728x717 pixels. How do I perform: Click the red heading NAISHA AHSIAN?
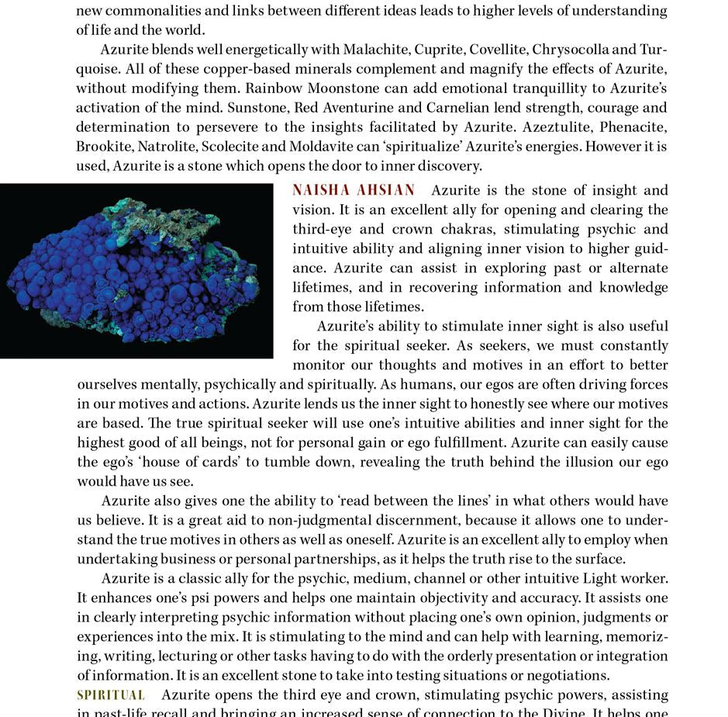pos(354,190)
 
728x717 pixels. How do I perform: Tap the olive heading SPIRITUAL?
pos(111,694)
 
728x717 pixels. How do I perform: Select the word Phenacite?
pos(633,127)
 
